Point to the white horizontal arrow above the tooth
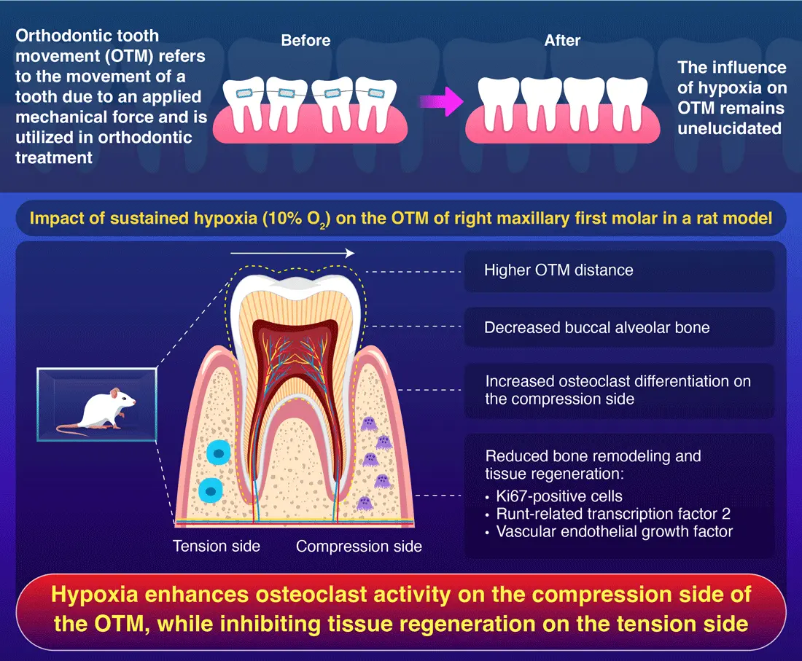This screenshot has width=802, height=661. click(292, 254)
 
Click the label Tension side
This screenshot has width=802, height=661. click(217, 546)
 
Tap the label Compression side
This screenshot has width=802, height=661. click(359, 546)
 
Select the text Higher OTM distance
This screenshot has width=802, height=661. click(558, 270)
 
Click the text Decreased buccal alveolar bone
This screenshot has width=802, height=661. click(596, 327)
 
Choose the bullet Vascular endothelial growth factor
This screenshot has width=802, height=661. click(614, 531)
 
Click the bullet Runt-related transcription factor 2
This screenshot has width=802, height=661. click(612, 514)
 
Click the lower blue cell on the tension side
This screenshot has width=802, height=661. click(211, 491)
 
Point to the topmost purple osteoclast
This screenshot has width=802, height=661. click(370, 423)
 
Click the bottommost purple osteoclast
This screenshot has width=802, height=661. click(364, 503)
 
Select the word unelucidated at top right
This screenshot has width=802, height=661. click(729, 128)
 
